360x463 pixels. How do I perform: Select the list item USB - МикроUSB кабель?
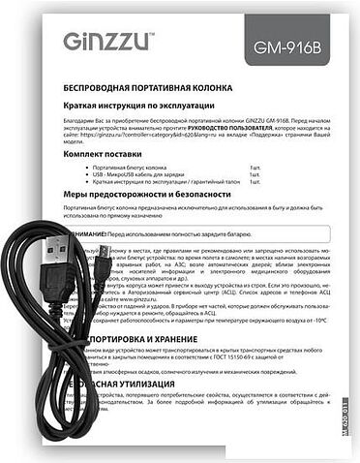[145, 175]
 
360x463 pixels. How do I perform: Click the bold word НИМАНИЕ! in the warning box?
[86, 234]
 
